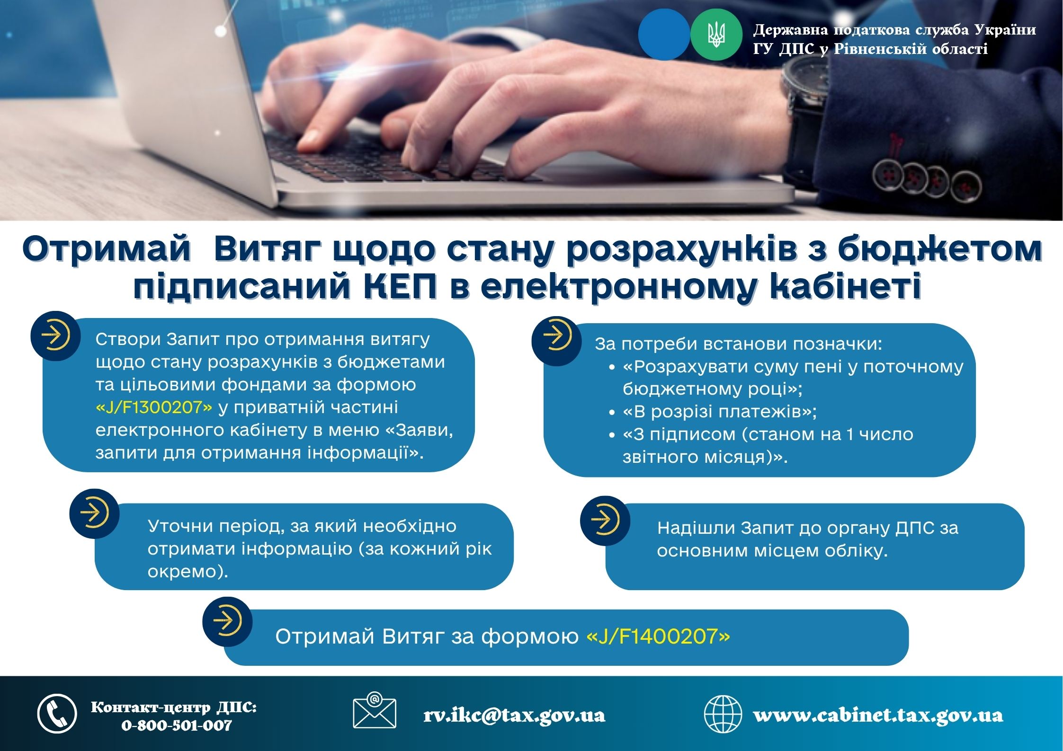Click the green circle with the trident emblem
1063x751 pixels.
tap(716, 35)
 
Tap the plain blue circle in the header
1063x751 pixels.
tap(664, 35)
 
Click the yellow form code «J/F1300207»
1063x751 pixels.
tap(154, 407)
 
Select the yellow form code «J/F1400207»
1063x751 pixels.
tap(658, 636)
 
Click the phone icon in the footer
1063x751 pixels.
tap(57, 714)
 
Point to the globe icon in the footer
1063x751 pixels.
tap(723, 714)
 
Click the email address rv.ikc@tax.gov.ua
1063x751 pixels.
tap(514, 715)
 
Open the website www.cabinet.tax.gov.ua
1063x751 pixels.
tap(878, 715)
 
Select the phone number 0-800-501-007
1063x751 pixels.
tap(177, 725)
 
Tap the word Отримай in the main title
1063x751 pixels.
tap(106, 249)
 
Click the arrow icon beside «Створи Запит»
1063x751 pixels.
tap(55, 336)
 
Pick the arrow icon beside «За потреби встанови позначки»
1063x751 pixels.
tap(556, 341)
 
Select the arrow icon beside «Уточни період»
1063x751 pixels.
tap(94, 513)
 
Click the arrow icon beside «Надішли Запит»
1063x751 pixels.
tap(605, 521)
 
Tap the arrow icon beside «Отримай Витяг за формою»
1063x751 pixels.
tap(227, 621)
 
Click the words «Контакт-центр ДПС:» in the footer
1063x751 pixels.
tap(174, 708)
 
